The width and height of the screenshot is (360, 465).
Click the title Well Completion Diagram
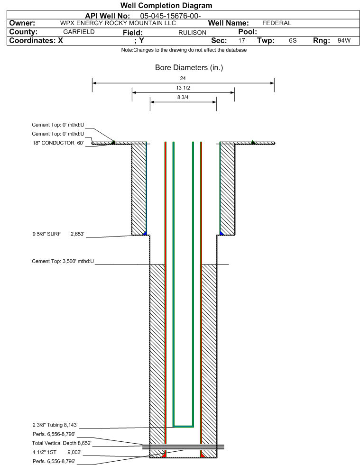(166, 5)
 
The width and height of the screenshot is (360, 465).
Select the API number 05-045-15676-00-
(170, 16)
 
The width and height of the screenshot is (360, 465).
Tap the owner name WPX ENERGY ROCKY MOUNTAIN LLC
(118, 23)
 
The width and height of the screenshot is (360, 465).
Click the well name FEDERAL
(277, 23)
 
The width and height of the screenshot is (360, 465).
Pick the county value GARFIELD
(79, 32)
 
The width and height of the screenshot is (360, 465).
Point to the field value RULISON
(192, 33)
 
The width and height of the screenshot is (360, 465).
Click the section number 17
(242, 40)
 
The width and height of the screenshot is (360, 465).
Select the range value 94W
(344, 40)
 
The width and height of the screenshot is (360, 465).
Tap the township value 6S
(293, 40)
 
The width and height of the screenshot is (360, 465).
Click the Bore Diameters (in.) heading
(189, 68)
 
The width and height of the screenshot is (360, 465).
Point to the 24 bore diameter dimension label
(183, 78)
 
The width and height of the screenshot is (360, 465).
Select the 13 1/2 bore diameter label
(183, 88)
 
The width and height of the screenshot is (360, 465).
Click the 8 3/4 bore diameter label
(183, 97)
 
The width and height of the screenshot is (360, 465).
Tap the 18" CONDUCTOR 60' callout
(58, 143)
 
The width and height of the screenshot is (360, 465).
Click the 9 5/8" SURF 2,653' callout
(58, 234)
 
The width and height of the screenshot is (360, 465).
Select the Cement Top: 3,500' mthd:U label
(63, 261)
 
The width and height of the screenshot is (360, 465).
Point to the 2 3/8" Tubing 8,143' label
(55, 425)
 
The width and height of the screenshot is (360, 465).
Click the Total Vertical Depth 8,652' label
(62, 443)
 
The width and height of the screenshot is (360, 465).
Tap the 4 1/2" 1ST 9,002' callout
(57, 452)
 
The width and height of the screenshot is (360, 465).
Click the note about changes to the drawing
(184, 50)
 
